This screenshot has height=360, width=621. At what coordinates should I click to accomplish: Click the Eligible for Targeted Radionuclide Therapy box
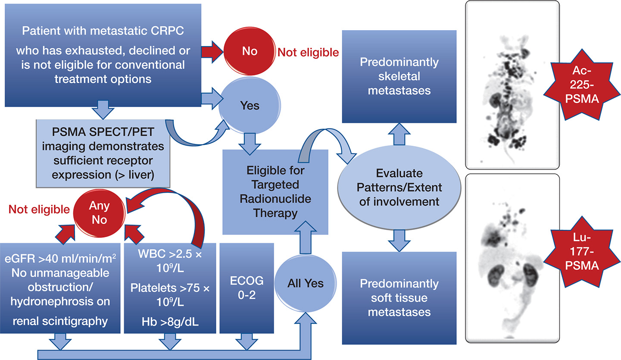pyautogui.click(x=275, y=192)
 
